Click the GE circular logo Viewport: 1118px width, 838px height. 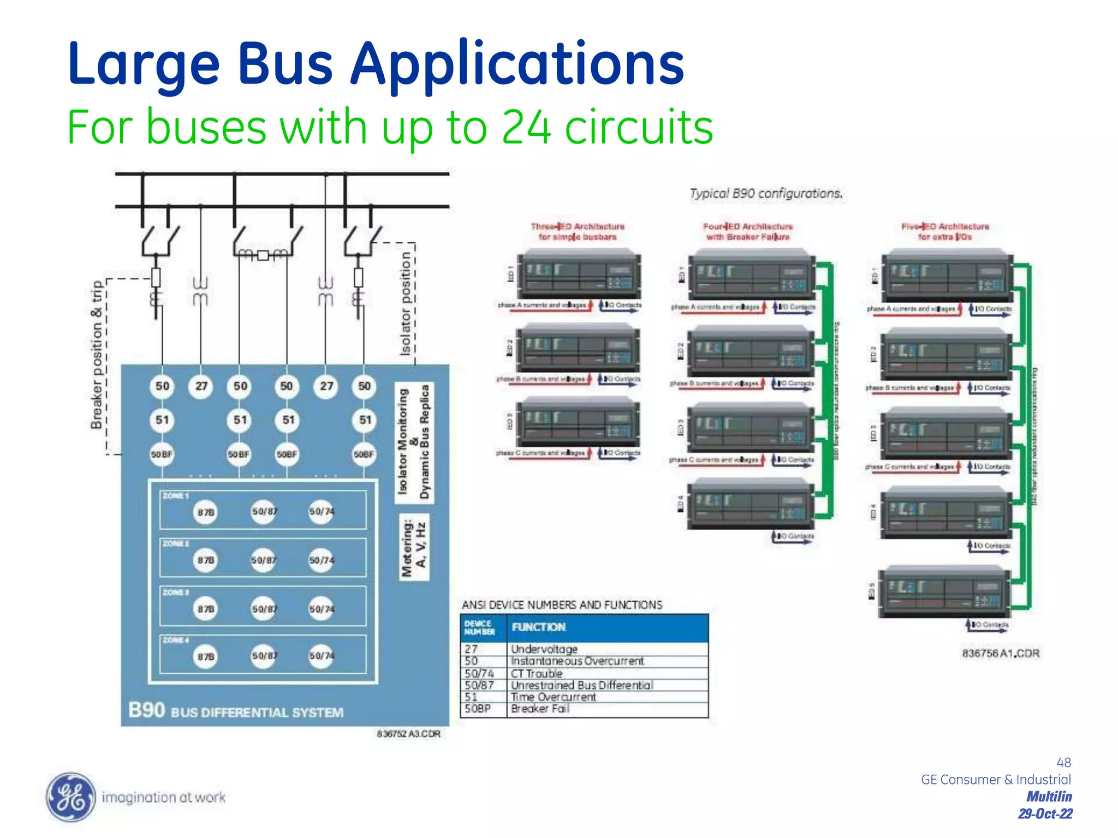[69, 797]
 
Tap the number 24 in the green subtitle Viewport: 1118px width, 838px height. [525, 127]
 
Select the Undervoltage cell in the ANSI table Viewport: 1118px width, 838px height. [544, 649]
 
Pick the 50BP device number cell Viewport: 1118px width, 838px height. [478, 709]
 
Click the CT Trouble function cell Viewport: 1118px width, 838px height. [536, 673]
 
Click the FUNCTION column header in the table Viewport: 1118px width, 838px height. [538, 627]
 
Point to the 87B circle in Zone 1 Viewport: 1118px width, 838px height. [206, 512]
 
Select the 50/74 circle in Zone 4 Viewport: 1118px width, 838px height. [321, 656]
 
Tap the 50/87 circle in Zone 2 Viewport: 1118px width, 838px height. [263, 560]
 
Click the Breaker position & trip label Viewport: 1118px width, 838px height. [97, 355]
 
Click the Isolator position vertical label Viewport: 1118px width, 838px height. [405, 303]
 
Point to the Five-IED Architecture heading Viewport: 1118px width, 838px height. [945, 231]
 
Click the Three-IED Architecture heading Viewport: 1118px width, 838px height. [578, 231]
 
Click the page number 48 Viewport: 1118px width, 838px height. [1063, 762]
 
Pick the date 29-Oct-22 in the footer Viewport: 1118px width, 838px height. [1045, 814]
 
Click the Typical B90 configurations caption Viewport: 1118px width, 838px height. [766, 194]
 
